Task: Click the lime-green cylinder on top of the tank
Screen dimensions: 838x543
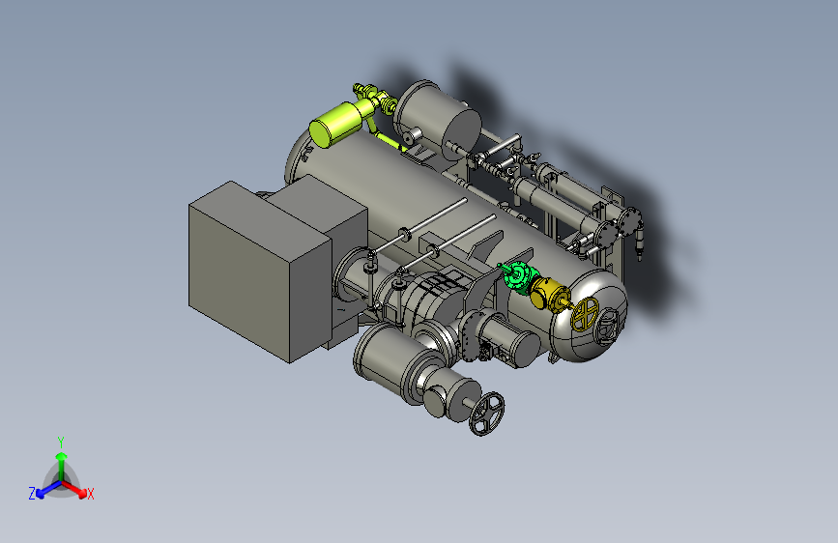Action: click(336, 124)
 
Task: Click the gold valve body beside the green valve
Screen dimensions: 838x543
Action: click(548, 294)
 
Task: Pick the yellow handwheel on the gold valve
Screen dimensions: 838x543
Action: click(585, 314)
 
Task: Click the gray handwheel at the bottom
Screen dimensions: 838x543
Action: click(486, 414)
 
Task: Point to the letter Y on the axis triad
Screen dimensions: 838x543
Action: click(61, 442)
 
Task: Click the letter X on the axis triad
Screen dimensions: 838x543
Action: click(90, 495)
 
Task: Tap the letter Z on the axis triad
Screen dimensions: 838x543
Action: click(32, 494)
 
